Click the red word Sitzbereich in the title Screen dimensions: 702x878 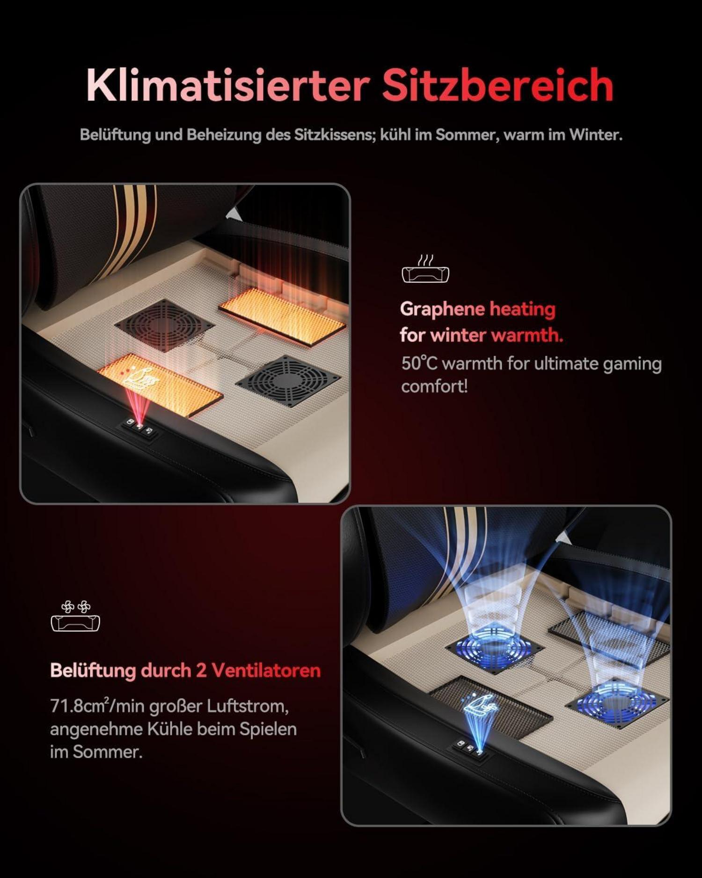click(497, 85)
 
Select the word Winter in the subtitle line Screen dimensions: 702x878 click(595, 135)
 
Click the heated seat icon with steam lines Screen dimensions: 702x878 click(425, 269)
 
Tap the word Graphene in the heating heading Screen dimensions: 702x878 click(442, 310)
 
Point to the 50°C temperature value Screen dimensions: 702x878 click(419, 363)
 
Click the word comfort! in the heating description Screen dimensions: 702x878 click(434, 387)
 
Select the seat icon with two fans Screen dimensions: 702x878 click(75, 616)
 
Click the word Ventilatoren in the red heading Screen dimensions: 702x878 click(266, 671)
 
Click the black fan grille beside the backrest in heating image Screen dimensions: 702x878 click(164, 325)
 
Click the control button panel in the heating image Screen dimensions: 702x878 click(139, 427)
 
